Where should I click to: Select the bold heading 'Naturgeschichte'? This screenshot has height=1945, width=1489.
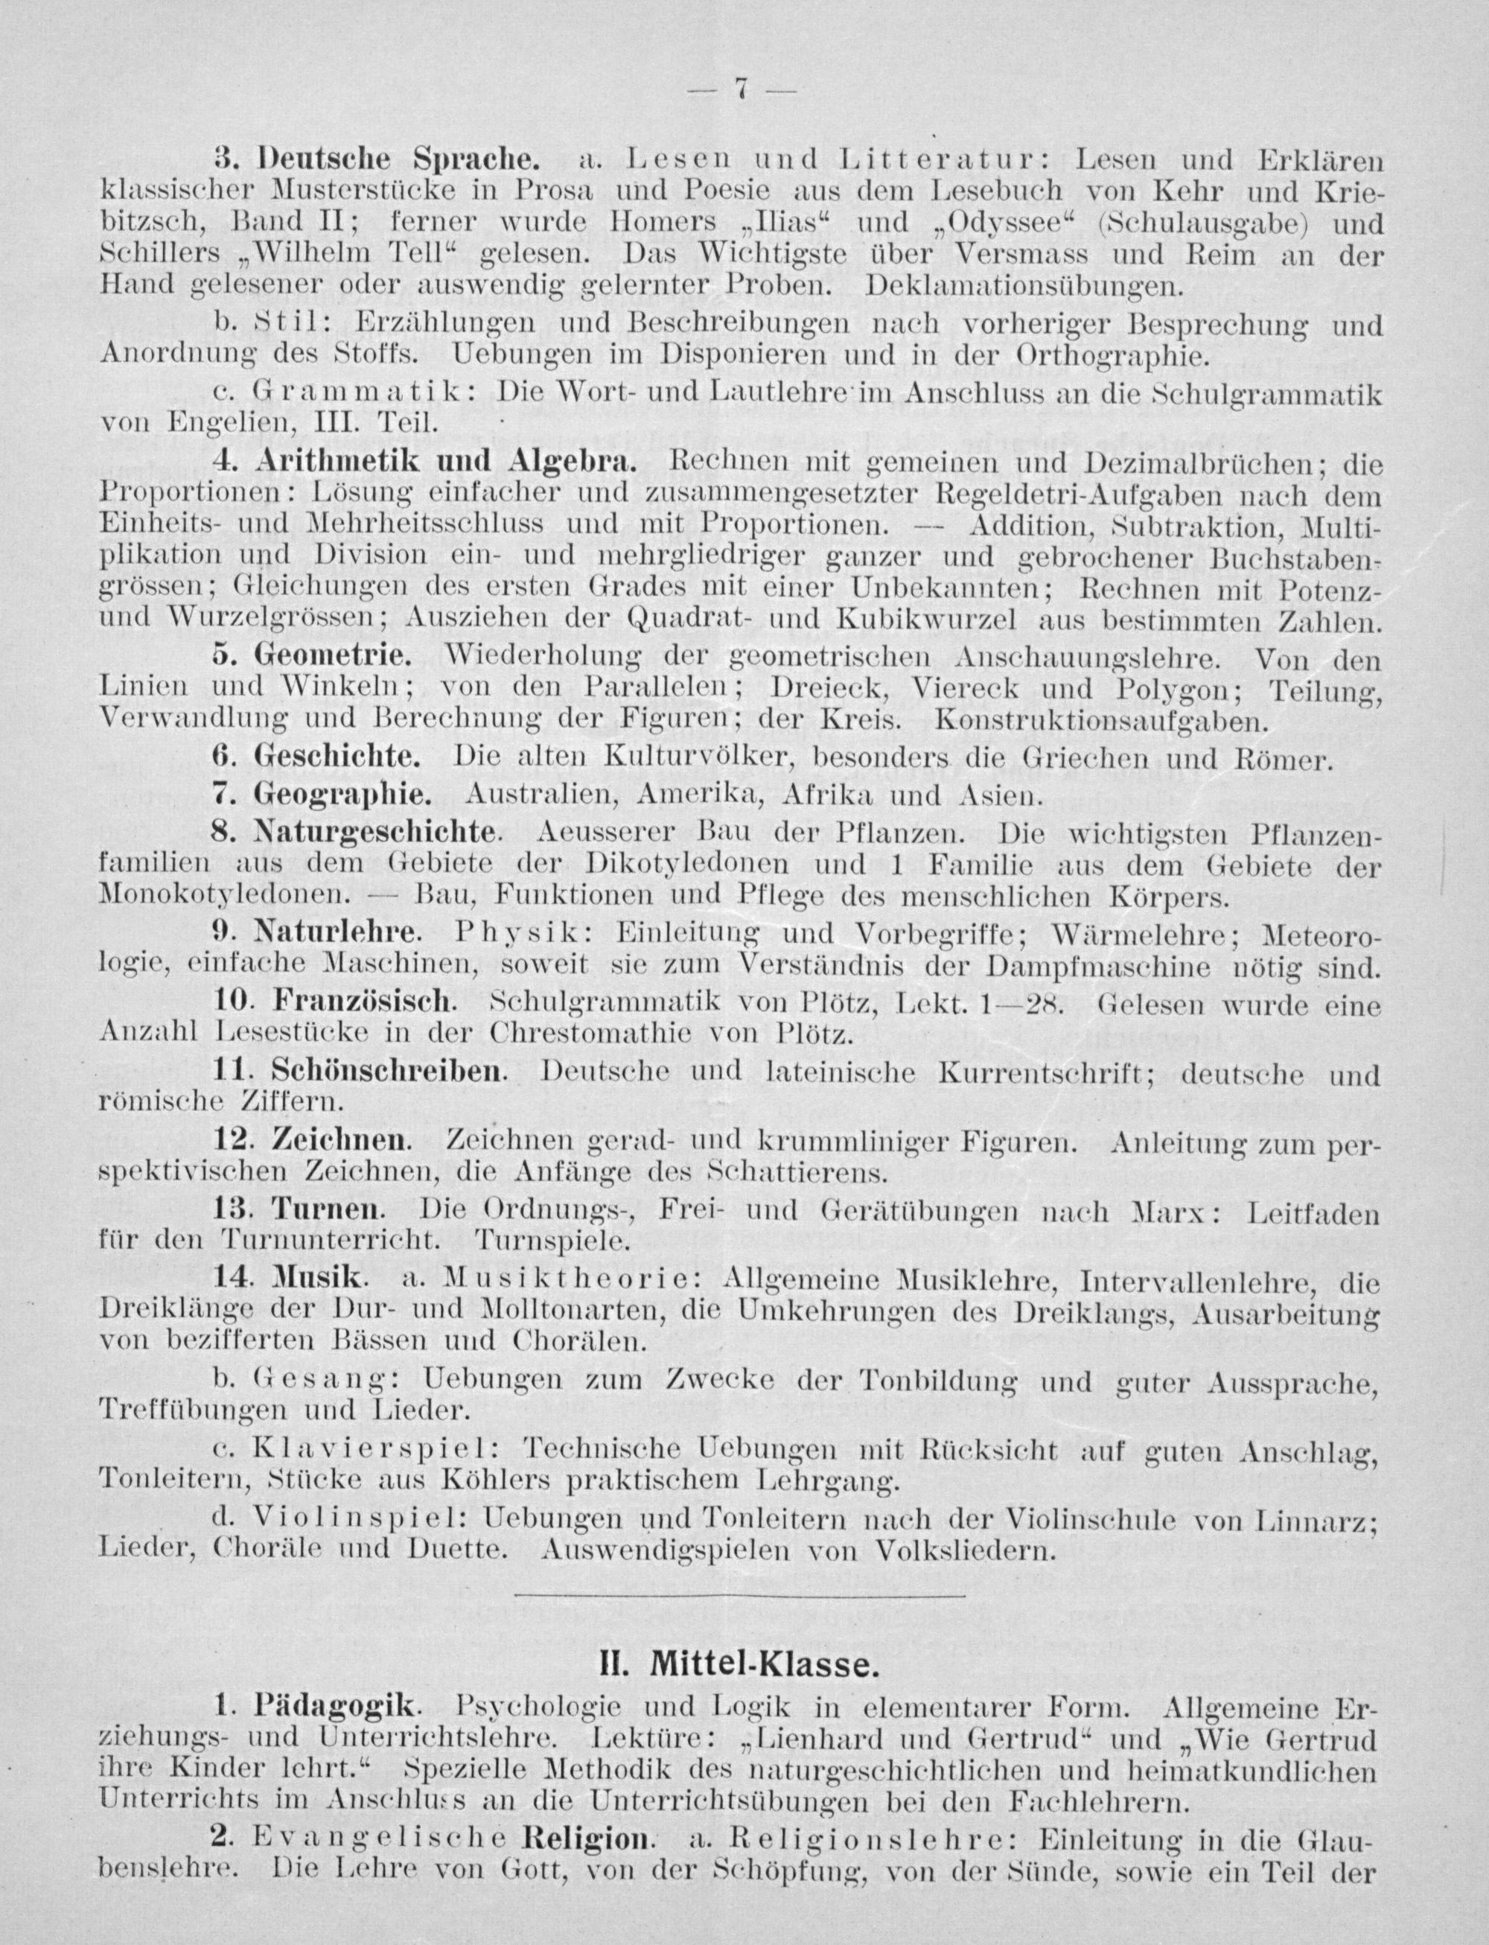(373, 833)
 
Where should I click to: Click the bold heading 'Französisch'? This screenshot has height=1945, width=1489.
(363, 1002)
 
